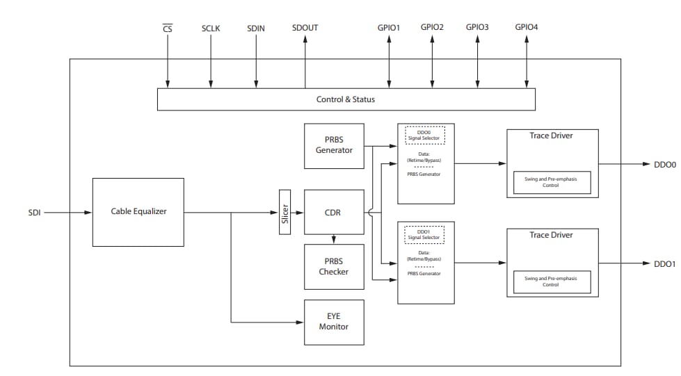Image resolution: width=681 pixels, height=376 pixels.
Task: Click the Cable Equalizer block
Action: pos(138,212)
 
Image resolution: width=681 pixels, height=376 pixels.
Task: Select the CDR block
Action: pos(334,212)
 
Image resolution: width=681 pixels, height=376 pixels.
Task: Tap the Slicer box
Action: pos(285,212)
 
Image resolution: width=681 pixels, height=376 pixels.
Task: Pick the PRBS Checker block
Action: pos(334,267)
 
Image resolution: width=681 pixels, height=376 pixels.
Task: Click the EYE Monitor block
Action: pos(334,321)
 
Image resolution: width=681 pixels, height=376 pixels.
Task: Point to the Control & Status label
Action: pos(345,99)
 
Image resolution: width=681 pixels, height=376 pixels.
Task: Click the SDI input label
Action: pos(34,213)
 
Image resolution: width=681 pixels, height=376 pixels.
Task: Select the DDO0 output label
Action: pos(664,165)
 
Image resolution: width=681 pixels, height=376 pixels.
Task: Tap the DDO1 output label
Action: pos(664,264)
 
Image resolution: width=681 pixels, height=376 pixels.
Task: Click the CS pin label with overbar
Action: pos(167,28)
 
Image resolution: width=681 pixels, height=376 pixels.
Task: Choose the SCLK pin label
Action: pos(211,28)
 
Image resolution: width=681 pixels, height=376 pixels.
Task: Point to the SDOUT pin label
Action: pos(305,28)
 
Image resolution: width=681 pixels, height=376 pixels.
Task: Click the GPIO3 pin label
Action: pos(477,27)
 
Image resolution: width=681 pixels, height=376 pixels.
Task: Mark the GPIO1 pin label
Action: pos(389,28)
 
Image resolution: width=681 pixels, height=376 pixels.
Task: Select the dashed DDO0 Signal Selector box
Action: pos(424,135)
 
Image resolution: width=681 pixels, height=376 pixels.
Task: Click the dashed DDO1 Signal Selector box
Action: pos(424,234)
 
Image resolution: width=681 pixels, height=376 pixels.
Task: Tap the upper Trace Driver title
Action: pos(551,136)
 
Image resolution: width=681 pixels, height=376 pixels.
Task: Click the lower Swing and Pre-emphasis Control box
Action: pos(551,281)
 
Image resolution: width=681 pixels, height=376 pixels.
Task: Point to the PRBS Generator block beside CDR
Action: pos(334,146)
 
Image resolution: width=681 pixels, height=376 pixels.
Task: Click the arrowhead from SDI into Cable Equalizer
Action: pos(88,213)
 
